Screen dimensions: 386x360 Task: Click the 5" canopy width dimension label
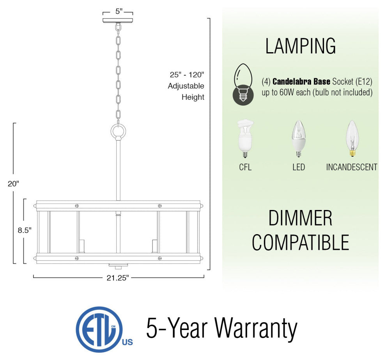[119, 11]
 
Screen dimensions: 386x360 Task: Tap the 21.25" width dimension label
[118, 278]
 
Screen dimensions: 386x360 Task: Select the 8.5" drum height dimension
[25, 230]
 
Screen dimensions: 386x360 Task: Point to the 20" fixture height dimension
[13, 184]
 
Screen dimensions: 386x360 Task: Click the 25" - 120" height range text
[187, 74]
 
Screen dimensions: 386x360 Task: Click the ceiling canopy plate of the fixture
[118, 20]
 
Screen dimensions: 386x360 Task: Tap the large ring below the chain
[118, 132]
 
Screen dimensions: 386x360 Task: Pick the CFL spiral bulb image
[245, 139]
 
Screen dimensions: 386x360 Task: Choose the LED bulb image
[298, 139]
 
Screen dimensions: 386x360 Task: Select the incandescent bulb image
[352, 138]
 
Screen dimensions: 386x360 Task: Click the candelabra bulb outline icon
[243, 85]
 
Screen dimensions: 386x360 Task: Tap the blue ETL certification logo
[104, 329]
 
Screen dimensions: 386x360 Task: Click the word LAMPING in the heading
[301, 46]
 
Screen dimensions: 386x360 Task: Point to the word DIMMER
[300, 218]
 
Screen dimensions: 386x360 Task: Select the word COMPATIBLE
[301, 242]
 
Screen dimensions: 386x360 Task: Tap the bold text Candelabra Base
[301, 81]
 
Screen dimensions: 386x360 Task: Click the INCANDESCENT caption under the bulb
[352, 167]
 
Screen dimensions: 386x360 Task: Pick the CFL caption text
[245, 167]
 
